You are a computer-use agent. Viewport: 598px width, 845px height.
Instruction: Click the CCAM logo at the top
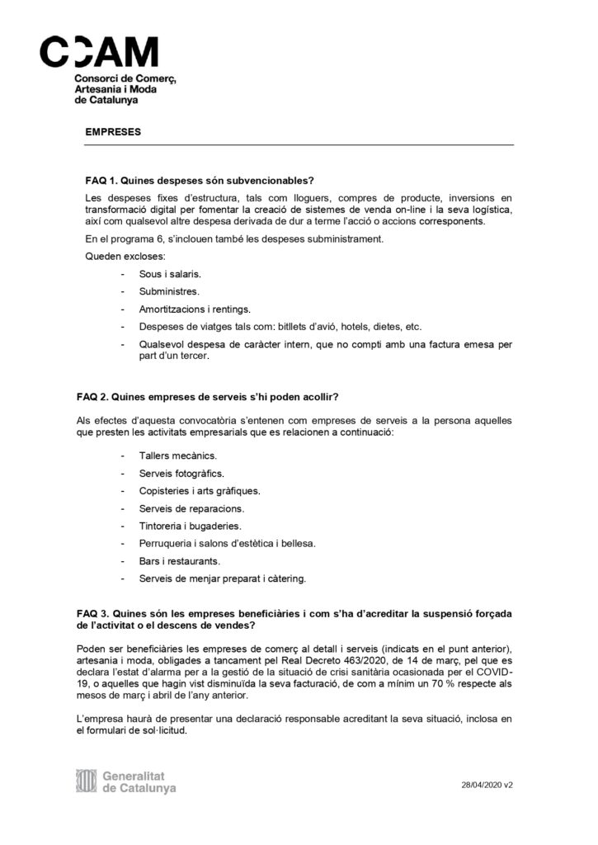point(100,52)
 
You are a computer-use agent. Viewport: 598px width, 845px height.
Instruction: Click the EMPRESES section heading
point(113,131)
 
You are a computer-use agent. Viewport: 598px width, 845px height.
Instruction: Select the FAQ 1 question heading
point(200,181)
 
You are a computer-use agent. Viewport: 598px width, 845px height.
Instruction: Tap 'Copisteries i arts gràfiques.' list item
point(200,491)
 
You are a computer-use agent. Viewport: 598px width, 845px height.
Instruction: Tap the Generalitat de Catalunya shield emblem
point(86,781)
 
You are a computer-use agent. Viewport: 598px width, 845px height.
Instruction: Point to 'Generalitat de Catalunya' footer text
point(139,781)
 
